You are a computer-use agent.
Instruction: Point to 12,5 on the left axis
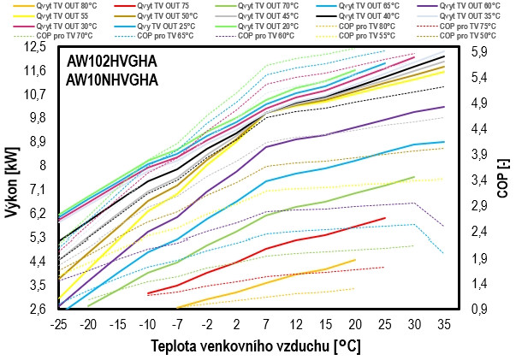(36, 46)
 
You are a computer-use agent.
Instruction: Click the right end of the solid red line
(386, 218)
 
